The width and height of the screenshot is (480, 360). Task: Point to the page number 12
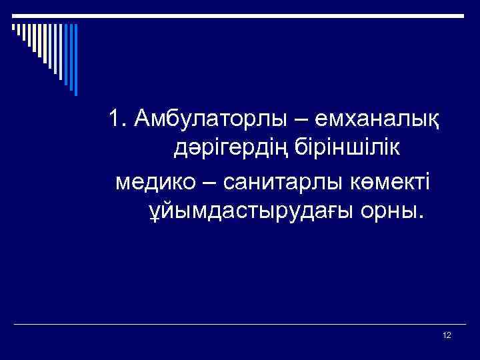click(447, 335)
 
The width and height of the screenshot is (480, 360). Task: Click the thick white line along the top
click(240, 14)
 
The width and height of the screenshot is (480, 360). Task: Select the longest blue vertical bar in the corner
click(75, 60)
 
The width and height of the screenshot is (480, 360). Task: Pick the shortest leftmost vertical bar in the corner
click(13, 27)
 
